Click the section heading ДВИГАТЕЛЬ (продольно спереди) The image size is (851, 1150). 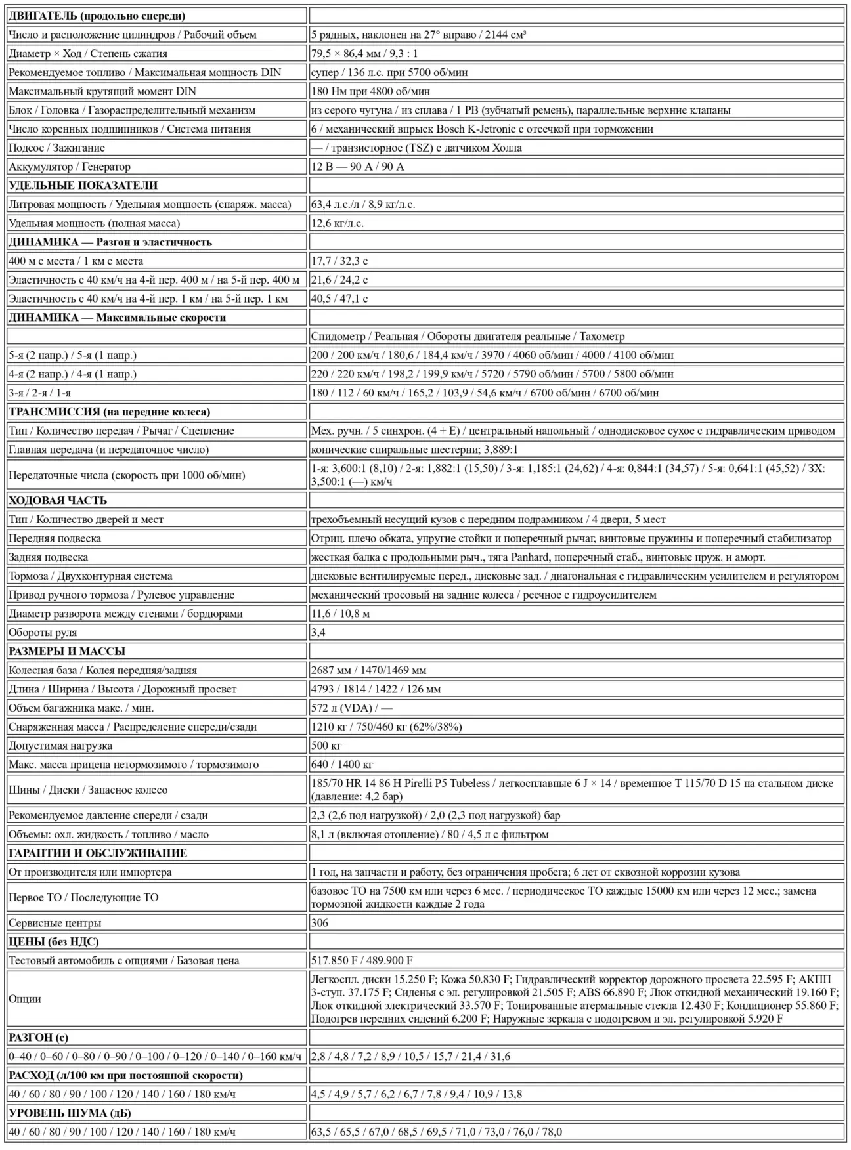click(97, 16)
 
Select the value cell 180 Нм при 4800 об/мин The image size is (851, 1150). click(370, 91)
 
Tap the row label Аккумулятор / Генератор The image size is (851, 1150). click(70, 167)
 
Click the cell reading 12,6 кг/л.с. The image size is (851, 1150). click(338, 223)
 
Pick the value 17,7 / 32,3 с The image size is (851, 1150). click(339, 261)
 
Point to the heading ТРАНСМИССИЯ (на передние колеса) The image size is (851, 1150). click(109, 412)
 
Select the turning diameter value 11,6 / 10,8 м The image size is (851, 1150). click(340, 614)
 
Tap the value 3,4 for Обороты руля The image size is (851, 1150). click(318, 633)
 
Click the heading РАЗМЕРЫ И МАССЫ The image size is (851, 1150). click(66, 651)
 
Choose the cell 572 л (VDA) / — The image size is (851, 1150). click(351, 708)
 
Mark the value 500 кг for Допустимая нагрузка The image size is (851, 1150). click(326, 746)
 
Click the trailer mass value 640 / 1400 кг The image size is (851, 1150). click(341, 765)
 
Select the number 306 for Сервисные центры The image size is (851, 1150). click(320, 923)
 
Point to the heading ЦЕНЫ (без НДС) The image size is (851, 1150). click(54, 941)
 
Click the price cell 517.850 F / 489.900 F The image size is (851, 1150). click(362, 960)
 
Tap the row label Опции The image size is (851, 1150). click(25, 999)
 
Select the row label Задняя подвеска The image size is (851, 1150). click(48, 557)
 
